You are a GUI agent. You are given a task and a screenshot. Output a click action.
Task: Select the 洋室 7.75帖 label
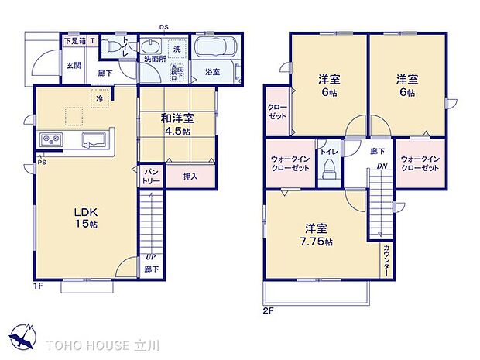(x=317, y=235)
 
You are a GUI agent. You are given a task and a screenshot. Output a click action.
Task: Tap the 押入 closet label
(x=190, y=177)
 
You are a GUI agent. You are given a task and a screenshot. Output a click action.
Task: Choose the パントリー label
(x=150, y=176)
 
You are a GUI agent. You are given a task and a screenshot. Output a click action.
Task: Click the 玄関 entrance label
(x=74, y=65)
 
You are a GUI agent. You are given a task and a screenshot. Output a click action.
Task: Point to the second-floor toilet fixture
(x=330, y=170)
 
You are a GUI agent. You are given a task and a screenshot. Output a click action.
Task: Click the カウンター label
(x=386, y=260)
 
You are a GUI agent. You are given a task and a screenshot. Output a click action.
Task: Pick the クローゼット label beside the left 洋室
(x=277, y=111)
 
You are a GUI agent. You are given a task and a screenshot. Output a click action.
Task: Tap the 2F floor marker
(x=269, y=310)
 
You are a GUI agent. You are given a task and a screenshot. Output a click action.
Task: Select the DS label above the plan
(x=164, y=26)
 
